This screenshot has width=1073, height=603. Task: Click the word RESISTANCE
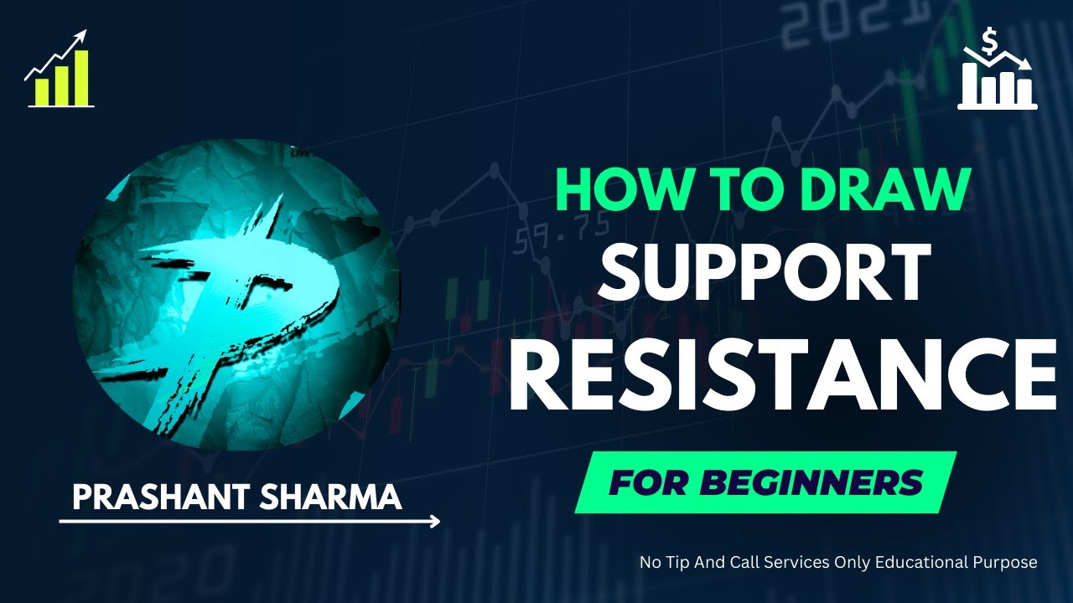click(781, 378)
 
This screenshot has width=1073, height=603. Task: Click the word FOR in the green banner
click(645, 482)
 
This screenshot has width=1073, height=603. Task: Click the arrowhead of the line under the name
click(433, 522)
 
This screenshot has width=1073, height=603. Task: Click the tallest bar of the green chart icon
click(81, 78)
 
